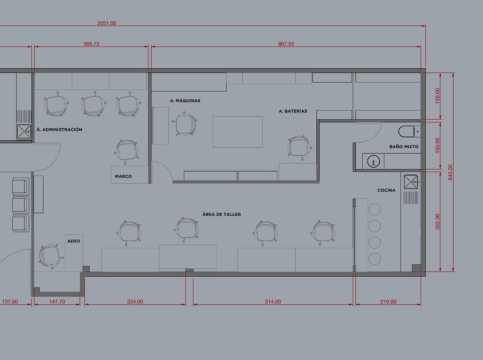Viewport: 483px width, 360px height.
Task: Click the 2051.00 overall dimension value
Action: point(107,23)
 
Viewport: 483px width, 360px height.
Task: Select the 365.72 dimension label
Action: point(91,44)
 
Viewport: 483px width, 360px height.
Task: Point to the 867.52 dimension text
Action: point(286,44)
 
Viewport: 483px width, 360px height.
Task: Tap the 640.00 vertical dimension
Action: point(450,172)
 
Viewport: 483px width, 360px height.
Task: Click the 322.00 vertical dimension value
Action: point(438,221)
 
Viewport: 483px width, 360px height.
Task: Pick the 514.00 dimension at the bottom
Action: point(273,302)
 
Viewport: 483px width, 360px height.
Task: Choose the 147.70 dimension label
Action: point(57,302)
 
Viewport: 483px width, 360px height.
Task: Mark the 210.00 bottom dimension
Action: point(388,302)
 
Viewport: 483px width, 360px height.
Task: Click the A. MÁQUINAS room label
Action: point(185,101)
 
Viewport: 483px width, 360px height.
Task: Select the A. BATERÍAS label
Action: point(293,111)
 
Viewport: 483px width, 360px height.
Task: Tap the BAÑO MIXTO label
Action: point(404,147)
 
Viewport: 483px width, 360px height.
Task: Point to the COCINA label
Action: point(386,190)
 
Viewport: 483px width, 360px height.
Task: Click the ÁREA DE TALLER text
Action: point(222,215)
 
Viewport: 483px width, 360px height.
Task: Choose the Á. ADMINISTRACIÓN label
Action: point(60,129)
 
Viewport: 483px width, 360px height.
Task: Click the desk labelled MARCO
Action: point(130,175)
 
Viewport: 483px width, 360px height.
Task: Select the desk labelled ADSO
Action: point(74,253)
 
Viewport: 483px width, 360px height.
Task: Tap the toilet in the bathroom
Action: point(407,131)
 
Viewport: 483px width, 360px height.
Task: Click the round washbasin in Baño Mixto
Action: point(373,161)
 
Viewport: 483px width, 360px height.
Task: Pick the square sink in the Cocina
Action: point(411,182)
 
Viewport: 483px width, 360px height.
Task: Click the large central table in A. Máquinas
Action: point(237,132)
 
